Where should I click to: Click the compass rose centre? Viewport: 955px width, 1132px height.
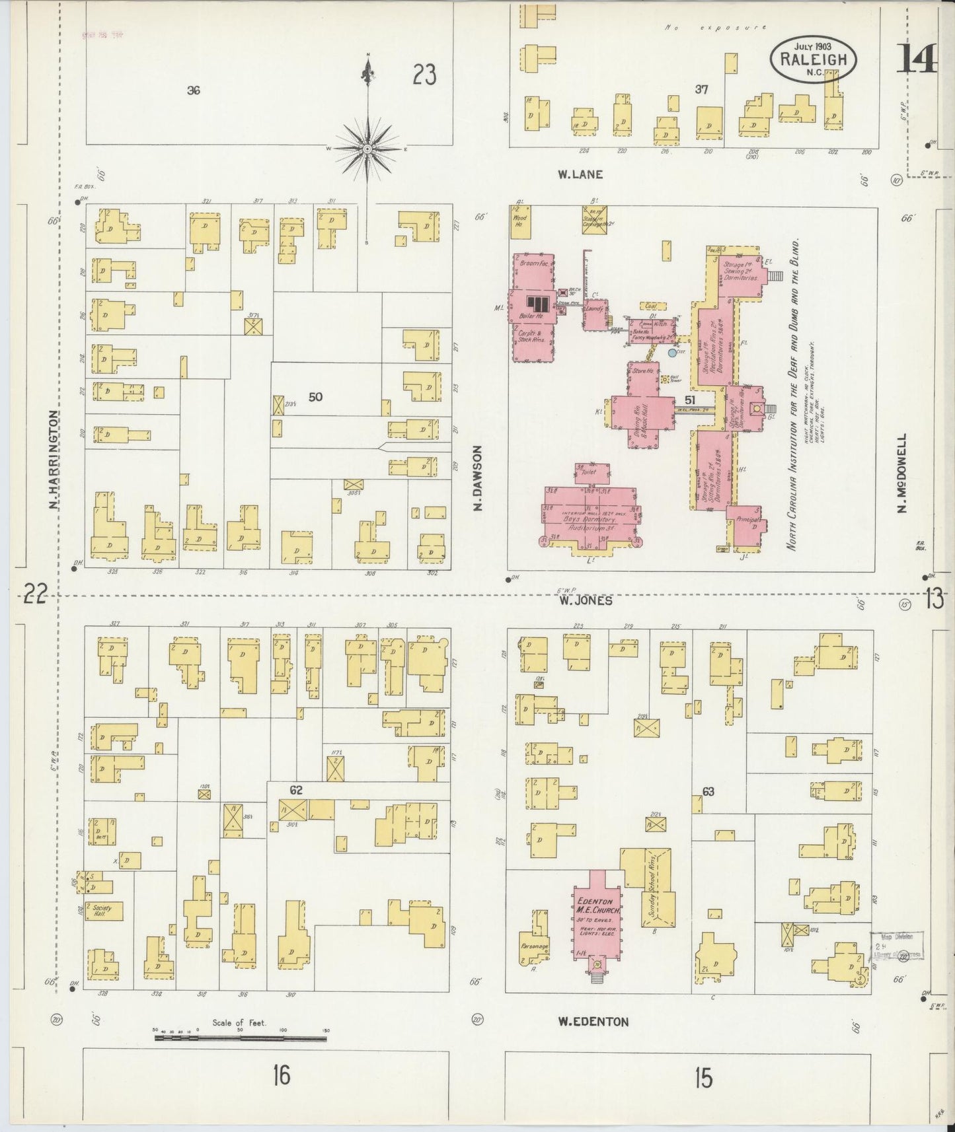(367, 150)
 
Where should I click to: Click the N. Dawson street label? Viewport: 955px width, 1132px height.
(477, 477)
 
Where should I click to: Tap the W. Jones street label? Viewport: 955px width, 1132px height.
(585, 600)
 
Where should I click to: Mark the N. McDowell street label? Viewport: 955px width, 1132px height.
(902, 472)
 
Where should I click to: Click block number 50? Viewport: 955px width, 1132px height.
(315, 397)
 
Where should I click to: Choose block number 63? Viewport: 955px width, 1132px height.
(708, 791)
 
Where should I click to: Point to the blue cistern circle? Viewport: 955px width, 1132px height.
(672, 353)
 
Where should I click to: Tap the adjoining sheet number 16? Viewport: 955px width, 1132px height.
(281, 1077)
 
